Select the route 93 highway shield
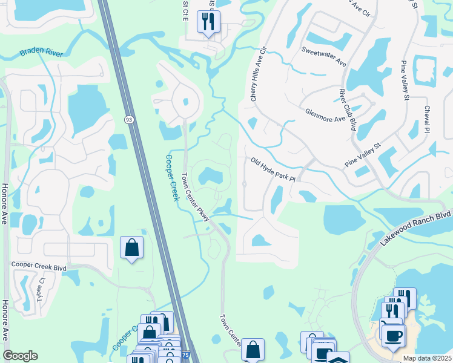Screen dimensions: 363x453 (129, 120)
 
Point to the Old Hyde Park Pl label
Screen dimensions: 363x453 (273, 169)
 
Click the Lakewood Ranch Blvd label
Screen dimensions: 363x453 (416, 227)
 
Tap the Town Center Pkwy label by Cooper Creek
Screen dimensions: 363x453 (195, 197)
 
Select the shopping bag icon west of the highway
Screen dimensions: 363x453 (131, 247)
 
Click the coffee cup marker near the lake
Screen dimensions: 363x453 (393, 334)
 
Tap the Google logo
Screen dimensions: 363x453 (20, 356)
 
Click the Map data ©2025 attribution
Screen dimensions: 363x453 (427, 358)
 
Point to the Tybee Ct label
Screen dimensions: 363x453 (41, 292)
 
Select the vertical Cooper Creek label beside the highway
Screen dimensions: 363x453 (171, 178)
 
